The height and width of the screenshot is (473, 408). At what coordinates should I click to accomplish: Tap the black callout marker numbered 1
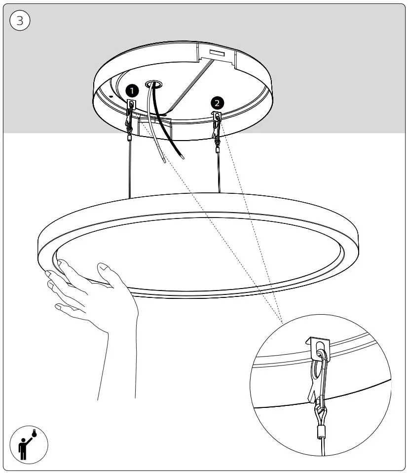(132, 90)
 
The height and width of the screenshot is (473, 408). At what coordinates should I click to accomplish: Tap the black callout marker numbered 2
(218, 103)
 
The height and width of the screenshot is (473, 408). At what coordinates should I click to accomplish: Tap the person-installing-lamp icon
(29, 444)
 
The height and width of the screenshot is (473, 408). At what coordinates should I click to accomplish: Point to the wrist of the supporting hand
(118, 345)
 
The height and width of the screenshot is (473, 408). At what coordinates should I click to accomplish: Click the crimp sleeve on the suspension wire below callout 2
(217, 147)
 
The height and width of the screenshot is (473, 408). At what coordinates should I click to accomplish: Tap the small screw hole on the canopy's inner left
(111, 96)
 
